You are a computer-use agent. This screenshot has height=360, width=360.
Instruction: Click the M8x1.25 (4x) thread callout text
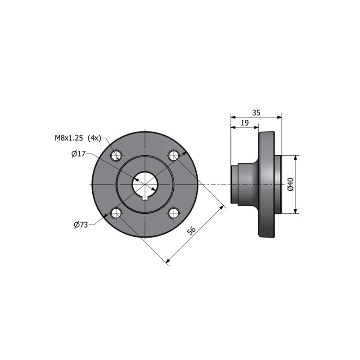pyautogui.click(x=78, y=138)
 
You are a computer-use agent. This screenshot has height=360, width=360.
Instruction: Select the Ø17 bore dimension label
pyautogui.click(x=78, y=153)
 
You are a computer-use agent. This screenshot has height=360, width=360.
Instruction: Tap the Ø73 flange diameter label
pyautogui.click(x=81, y=225)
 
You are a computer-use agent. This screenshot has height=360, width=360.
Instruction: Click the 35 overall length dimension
pyautogui.click(x=256, y=113)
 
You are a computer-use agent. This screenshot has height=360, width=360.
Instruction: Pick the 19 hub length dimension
pyautogui.click(x=245, y=123)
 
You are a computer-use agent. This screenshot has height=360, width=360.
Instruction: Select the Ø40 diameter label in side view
pyautogui.click(x=290, y=184)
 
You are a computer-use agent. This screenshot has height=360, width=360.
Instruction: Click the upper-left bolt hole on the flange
pyautogui.click(x=117, y=156)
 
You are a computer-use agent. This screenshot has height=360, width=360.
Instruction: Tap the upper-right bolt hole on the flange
pyautogui.click(x=174, y=156)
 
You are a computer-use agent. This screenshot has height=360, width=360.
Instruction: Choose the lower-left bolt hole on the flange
pyautogui.click(x=117, y=213)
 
